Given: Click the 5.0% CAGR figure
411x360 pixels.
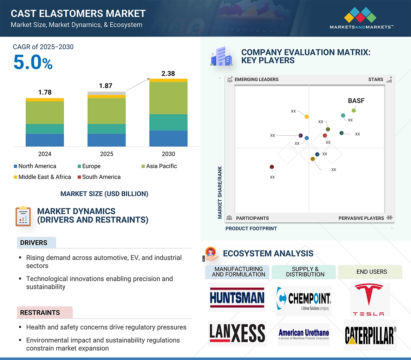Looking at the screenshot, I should coord(33,62).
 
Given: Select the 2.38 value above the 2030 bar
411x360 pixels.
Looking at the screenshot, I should coord(168,74).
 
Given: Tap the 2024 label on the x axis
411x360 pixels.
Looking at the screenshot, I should coord(45,154).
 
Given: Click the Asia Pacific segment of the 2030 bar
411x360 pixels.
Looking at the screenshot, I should coord(168,98).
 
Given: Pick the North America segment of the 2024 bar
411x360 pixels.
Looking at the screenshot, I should coord(45,140).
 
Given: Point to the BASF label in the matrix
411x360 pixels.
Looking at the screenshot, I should coord(356,101).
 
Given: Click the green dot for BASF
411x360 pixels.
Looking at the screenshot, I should coord(354,111).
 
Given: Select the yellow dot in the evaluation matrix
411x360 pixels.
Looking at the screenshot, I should coord(307,116).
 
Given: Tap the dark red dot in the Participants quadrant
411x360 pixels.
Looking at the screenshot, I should coord(272,167).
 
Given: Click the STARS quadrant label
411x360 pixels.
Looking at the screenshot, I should coord(376,80).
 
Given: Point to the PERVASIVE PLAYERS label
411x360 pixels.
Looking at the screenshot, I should coord(361,218).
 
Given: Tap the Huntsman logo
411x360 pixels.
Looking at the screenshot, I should coord(237,298).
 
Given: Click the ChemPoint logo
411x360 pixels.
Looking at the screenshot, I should coord(304,299).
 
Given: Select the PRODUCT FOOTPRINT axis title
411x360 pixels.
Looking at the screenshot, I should coord(251,229).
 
